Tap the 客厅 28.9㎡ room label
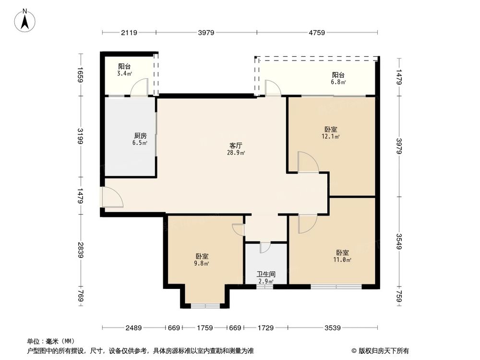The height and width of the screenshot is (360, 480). click(x=236, y=149)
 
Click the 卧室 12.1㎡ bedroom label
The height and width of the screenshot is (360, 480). click(x=331, y=133)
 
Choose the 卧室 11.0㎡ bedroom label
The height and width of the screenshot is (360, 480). click(x=343, y=256)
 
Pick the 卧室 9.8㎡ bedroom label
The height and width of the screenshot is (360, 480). click(x=202, y=260)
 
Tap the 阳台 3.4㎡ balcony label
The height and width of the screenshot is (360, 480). click(x=125, y=70)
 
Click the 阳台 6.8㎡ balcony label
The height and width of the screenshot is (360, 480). click(x=338, y=78)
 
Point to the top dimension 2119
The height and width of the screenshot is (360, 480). click(x=129, y=33)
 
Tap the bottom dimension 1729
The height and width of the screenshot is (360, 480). click(x=265, y=328)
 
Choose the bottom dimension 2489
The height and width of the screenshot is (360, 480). click(x=133, y=328)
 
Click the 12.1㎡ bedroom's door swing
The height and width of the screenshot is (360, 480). click(x=307, y=163)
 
